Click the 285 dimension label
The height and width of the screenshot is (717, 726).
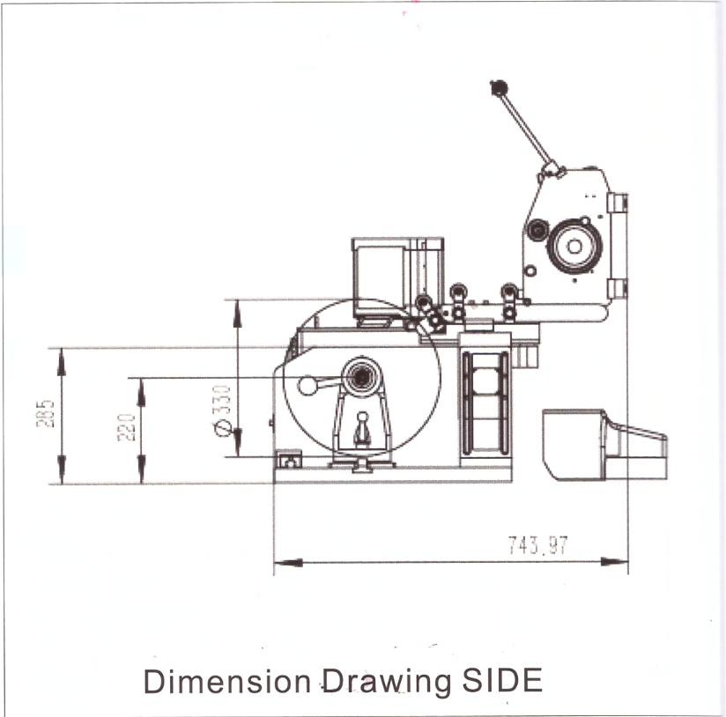[46, 413]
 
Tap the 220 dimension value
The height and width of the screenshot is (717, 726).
[126, 427]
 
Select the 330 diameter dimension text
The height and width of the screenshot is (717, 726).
[221, 400]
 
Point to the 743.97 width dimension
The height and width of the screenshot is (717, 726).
[537, 545]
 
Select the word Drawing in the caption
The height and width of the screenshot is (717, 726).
[387, 683]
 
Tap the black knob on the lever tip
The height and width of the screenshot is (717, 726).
[499, 87]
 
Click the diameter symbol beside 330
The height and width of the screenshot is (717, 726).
[223, 428]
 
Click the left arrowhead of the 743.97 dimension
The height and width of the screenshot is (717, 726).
[288, 563]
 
